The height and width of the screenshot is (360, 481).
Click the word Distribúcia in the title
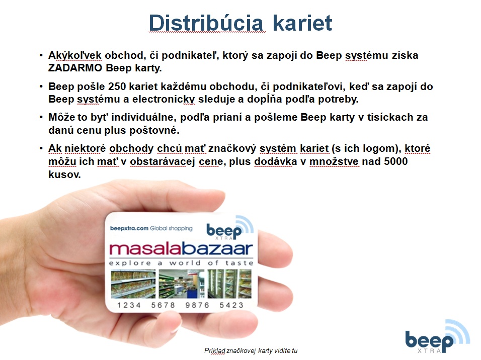point(206,23)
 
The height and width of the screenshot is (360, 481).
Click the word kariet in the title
point(302,23)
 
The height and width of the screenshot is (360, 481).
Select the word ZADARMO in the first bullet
point(75,68)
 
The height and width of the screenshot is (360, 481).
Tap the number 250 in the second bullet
point(117,86)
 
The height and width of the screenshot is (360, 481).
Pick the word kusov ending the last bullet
point(64,174)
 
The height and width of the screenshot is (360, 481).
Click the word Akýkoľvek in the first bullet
point(75,55)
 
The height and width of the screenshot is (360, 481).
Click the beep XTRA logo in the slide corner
point(437,337)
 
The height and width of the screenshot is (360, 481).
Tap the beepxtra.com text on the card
point(129,228)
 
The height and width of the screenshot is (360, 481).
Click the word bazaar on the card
point(217,249)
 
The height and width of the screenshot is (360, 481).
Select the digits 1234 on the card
point(129,305)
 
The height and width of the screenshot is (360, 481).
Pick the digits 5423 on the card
point(231,305)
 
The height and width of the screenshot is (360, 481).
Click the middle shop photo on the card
point(182,284)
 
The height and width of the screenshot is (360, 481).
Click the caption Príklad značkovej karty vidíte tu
point(251,350)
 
